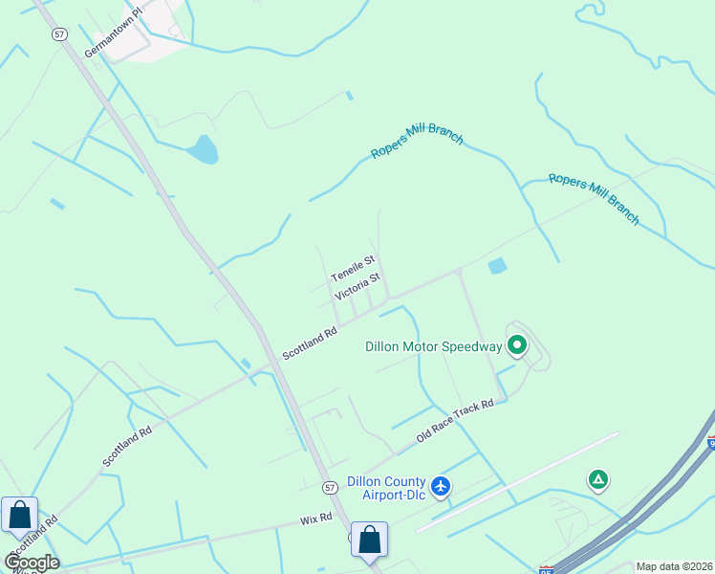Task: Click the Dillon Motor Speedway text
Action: coord(433,346)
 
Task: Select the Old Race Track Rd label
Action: coord(455,421)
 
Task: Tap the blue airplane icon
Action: coord(441,486)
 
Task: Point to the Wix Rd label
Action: coord(314,519)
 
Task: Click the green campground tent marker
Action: coord(598,478)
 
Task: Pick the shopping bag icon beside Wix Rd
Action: coord(369,540)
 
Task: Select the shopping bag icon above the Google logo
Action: coord(20,516)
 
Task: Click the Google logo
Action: coord(32,562)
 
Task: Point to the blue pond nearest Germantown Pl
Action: coord(203,149)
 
